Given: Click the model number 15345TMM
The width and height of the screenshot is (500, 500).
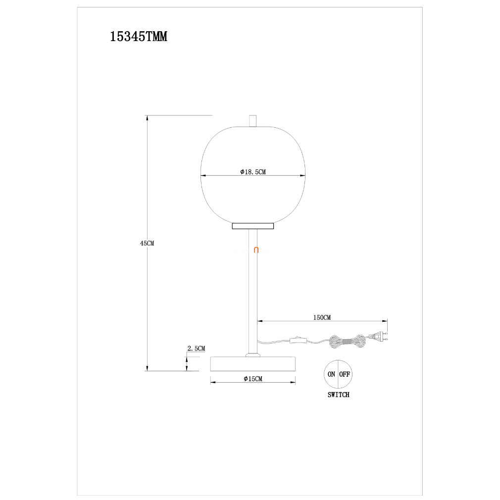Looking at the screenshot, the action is point(139,37).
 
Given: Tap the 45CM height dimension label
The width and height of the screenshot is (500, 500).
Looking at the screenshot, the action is point(147,243).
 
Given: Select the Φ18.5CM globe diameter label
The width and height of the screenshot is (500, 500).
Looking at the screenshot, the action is point(253,172).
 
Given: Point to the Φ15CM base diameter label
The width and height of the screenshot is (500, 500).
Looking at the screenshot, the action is point(253,379).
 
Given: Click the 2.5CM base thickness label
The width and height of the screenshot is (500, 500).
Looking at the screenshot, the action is point(196,349).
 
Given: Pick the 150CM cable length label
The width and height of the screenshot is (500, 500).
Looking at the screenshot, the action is point(322,318).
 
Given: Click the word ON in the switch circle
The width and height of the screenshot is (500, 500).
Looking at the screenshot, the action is point(331,374).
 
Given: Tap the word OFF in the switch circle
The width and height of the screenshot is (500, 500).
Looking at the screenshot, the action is point(345,374).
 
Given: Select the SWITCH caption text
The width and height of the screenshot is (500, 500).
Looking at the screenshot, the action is point(338,395).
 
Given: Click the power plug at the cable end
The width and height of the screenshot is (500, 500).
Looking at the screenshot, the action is point(378,337).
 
